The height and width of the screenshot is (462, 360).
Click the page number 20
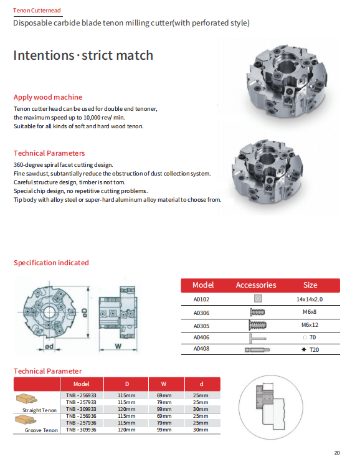pyautogui.click(x=337, y=453)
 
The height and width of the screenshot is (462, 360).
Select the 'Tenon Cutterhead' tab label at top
pyautogui.click(x=37, y=11)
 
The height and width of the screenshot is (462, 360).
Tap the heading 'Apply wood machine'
pyautogui.click(x=48, y=97)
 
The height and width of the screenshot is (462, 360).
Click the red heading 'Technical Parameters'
pyautogui.click(x=49, y=153)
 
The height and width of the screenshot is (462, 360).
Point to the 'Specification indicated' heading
pyautogui.click(x=51, y=263)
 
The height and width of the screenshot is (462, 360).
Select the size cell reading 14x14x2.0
pyautogui.click(x=310, y=299)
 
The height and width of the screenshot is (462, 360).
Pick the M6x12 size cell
pyautogui.click(x=310, y=325)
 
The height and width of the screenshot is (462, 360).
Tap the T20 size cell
pyautogui.click(x=310, y=350)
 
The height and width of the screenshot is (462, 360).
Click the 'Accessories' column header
pyautogui.click(x=255, y=285)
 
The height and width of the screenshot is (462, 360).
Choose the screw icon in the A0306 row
pyautogui.click(x=257, y=312)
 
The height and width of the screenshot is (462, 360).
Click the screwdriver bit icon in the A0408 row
pyautogui.click(x=257, y=350)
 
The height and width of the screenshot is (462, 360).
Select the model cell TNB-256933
pyautogui.click(x=81, y=395)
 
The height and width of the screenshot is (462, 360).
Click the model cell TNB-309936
pyautogui.click(x=81, y=430)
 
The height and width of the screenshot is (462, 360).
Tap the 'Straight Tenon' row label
pyautogui.click(x=40, y=410)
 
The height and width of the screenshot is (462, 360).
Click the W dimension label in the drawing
pyautogui.click(x=118, y=345)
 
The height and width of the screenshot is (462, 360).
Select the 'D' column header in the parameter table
pyautogui.click(x=126, y=384)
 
